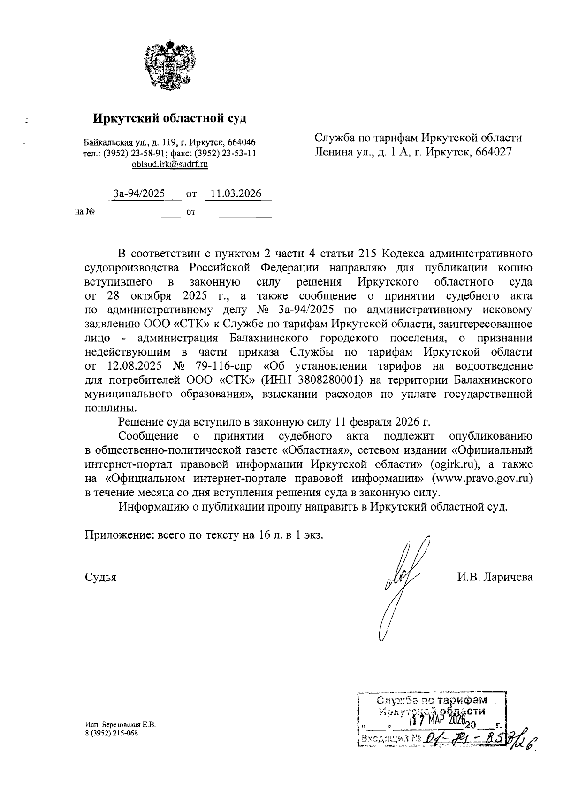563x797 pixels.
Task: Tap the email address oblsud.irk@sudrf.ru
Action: pos(170,164)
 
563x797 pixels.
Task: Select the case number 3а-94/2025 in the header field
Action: pos(139,193)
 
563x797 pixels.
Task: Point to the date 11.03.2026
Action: pos(236,193)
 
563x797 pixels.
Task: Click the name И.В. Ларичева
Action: pos(495,577)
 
